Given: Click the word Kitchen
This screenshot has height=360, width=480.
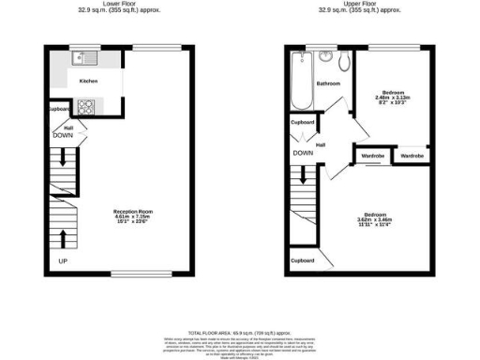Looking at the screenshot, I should point(89,82).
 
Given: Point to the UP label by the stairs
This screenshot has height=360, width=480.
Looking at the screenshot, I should point(63,260).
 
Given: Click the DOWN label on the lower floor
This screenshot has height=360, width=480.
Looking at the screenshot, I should point(64,135).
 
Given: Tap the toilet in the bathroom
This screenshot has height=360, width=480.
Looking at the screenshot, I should point(344,63).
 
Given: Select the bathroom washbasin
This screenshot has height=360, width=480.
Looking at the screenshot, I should point(325,58).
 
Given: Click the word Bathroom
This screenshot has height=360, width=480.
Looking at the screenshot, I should point(327,83).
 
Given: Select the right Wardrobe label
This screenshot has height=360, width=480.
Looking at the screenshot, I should point(412,154).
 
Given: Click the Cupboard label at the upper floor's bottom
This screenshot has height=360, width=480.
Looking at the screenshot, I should point(302,261).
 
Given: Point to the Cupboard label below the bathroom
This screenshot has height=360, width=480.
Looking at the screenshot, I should point(302,122).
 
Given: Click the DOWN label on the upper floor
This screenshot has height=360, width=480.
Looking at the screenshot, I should point(302,152).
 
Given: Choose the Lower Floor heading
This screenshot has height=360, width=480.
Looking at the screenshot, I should point(120,4).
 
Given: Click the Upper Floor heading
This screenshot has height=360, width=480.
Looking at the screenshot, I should point(359,4).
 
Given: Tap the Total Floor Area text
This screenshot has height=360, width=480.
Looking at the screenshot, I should point(240,332).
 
